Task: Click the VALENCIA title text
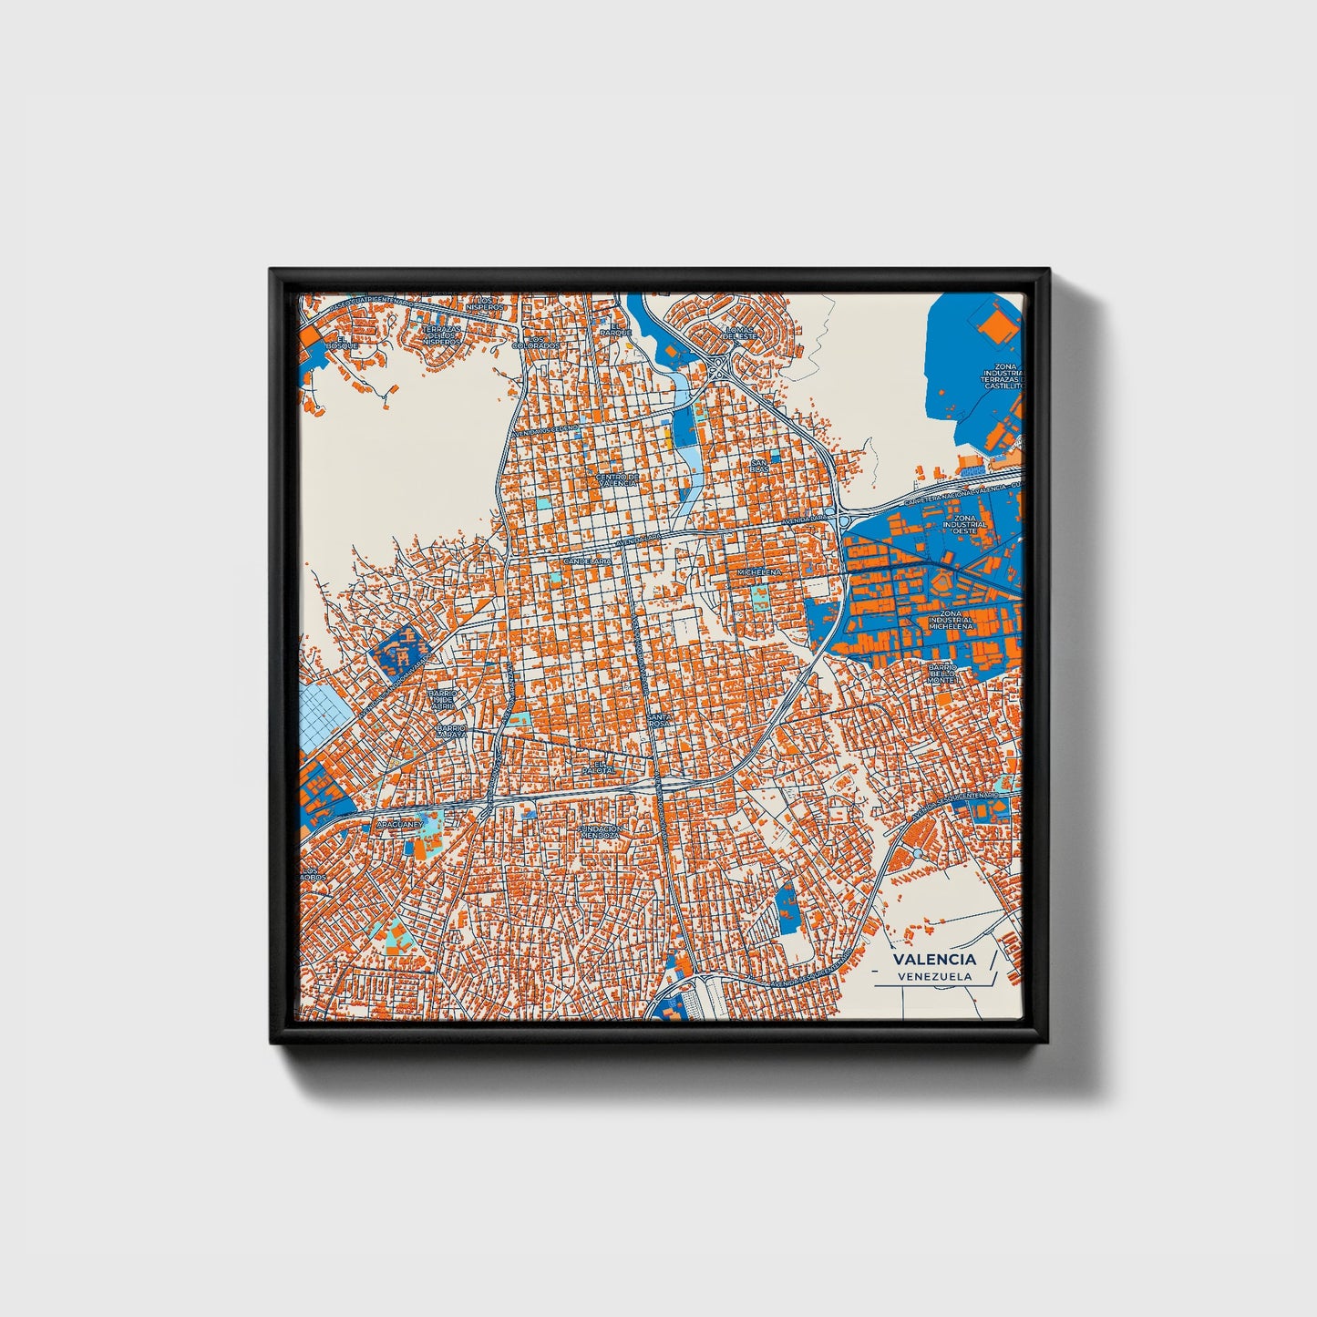[934, 959]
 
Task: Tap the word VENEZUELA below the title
[934, 976]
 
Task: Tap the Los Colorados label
[536, 342]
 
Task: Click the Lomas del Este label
[740, 332]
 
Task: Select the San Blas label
[759, 466]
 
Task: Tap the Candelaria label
[588, 561]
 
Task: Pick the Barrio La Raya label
[450, 731]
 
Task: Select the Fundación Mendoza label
[600, 831]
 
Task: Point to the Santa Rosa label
[660, 721]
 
